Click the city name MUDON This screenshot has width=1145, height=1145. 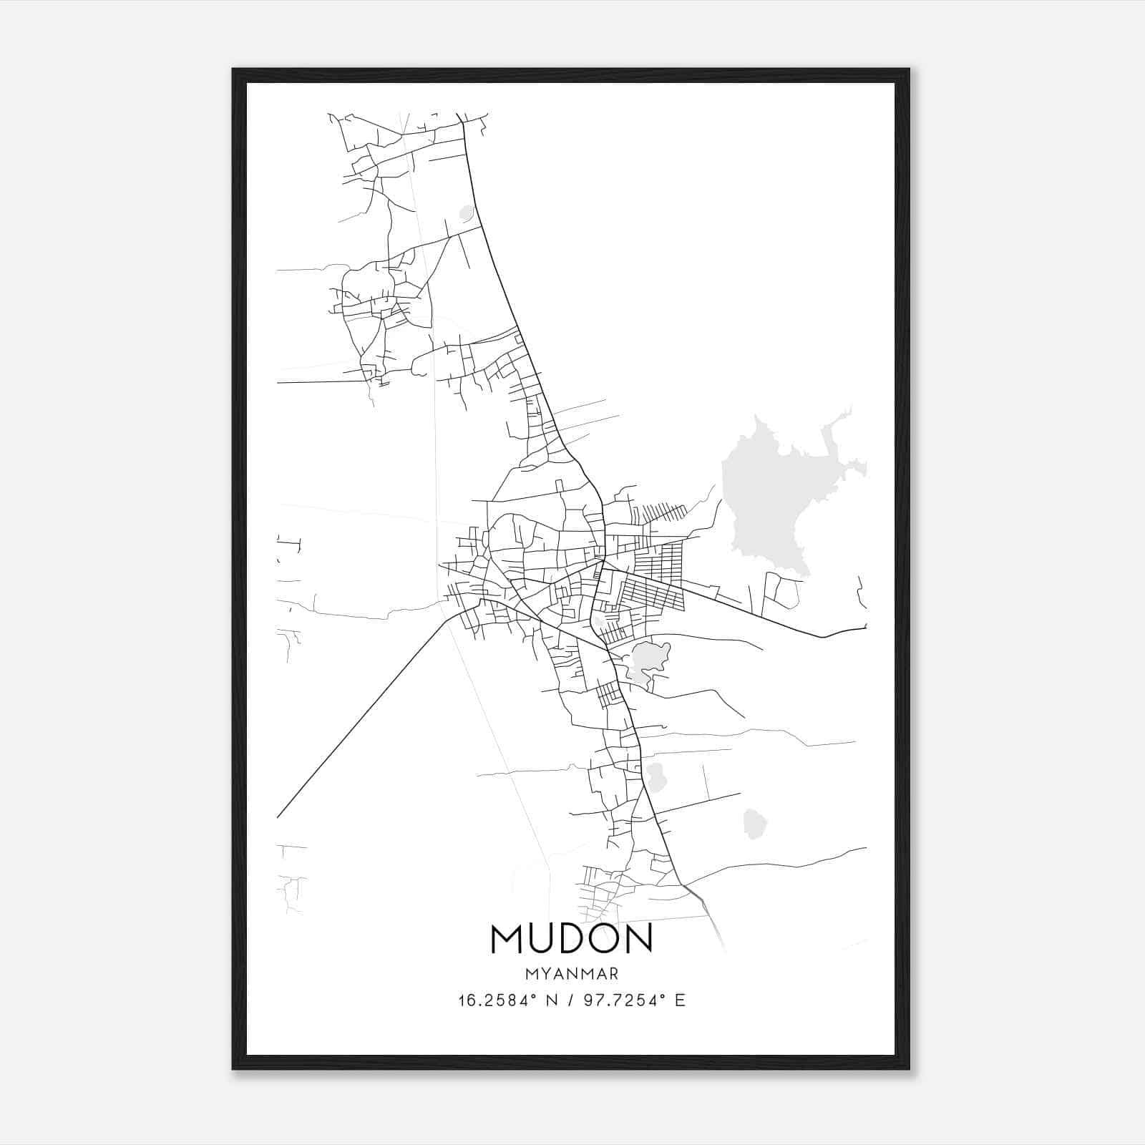click(571, 938)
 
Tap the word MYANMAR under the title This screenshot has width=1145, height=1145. click(571, 974)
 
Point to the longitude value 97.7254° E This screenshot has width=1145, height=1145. click(634, 1000)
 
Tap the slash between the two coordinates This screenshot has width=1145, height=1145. click(570, 1000)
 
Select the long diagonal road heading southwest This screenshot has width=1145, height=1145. click(358, 723)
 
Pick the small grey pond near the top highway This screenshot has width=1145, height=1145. click(467, 213)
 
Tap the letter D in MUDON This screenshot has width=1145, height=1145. click(572, 938)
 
